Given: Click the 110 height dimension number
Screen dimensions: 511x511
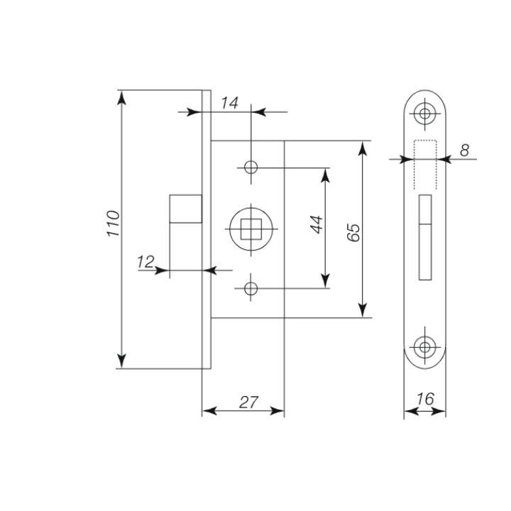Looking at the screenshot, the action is [114, 224].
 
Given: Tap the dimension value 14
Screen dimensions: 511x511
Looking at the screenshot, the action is [230, 103].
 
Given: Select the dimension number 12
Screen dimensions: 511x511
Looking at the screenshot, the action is [145, 262].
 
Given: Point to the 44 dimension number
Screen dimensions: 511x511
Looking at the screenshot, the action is [317, 224].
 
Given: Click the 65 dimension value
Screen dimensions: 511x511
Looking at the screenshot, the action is [353, 232].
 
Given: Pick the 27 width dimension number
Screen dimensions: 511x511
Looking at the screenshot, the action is [248, 402].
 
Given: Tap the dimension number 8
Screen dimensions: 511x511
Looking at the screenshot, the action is [464, 150].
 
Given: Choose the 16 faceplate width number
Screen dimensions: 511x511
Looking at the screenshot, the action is [425, 399].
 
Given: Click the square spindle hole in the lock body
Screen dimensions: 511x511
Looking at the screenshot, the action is [251, 229].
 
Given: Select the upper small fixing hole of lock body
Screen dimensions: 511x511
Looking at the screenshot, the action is [251, 167].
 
